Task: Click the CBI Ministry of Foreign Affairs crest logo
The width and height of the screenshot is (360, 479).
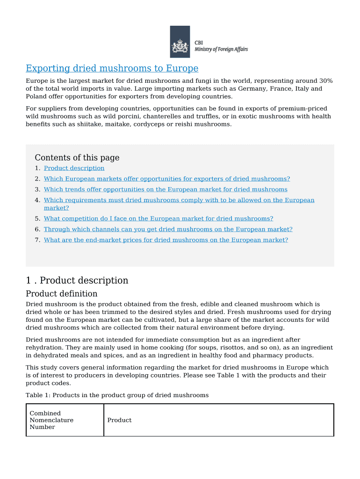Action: click(180, 42)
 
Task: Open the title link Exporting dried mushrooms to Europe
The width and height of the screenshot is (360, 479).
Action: click(112, 69)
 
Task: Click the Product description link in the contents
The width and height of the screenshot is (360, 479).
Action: click(74, 168)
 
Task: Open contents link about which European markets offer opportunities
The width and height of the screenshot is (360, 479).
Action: click(166, 179)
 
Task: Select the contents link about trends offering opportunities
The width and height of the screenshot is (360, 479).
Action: click(166, 189)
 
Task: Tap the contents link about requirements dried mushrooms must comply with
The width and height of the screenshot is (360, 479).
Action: click(179, 200)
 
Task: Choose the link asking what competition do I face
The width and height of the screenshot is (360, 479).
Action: click(158, 218)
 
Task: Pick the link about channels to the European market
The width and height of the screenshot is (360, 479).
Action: click(168, 229)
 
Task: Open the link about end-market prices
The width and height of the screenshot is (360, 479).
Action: click(166, 240)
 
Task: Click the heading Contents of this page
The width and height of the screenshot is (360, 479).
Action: click(77, 158)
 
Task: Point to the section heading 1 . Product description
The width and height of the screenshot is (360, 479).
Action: click(77, 281)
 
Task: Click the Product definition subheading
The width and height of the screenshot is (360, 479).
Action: click(62, 294)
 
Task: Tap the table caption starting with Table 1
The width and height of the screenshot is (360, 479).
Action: click(117, 395)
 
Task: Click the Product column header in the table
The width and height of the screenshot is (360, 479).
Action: click(119, 420)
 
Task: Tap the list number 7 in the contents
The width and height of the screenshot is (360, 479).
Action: click(37, 240)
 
